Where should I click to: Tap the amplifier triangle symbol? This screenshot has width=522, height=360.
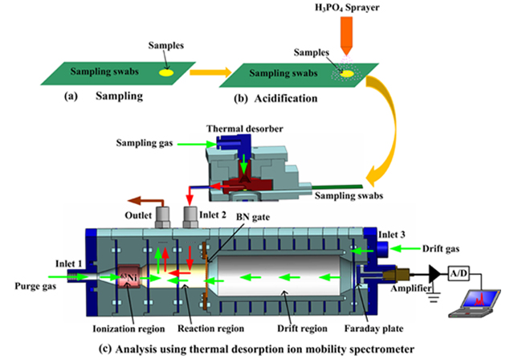tap(433, 274)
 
